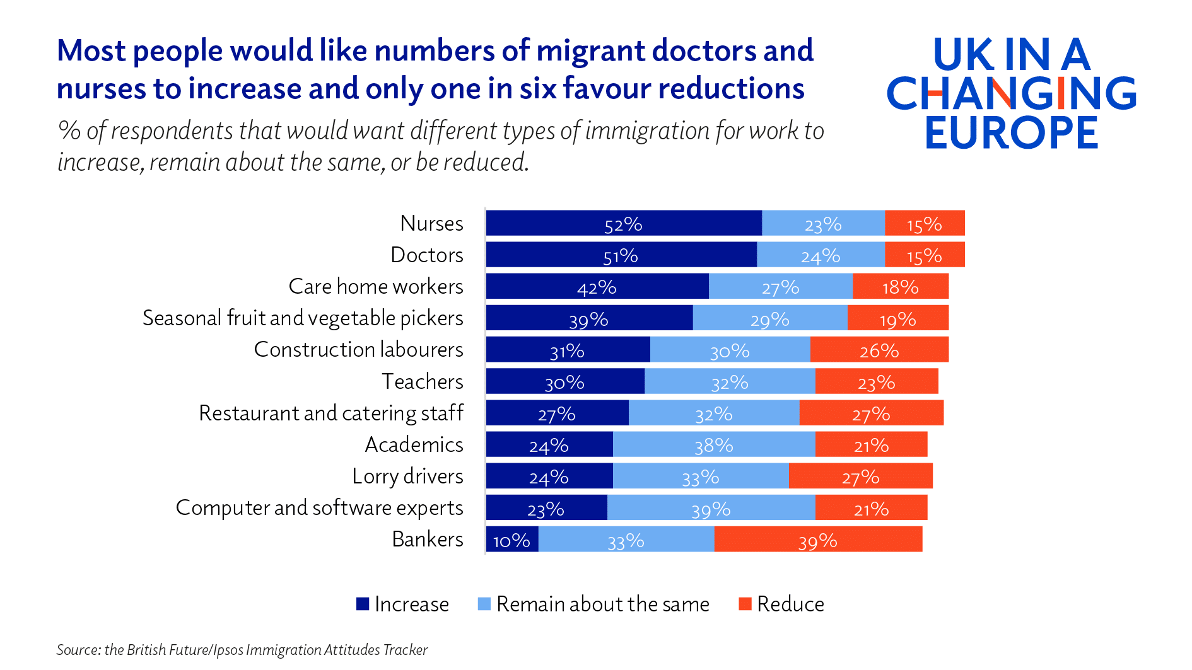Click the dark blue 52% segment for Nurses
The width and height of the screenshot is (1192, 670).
(623, 224)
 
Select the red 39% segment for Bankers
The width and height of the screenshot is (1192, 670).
(818, 540)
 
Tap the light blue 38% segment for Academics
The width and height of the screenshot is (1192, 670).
(713, 445)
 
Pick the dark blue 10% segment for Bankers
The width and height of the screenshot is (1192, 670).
(511, 540)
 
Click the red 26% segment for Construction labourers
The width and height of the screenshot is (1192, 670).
(879, 350)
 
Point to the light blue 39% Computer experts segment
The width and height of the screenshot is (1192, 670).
(711, 509)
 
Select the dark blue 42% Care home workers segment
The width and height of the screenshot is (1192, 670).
(597, 287)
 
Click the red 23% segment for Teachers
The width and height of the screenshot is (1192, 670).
(876, 382)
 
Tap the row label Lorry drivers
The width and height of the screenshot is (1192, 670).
(407, 477)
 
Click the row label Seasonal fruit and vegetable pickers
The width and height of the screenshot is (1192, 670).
(303, 318)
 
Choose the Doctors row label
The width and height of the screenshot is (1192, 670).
(427, 255)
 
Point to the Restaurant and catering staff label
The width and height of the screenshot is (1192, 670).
(331, 413)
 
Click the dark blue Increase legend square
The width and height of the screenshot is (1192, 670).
(362, 604)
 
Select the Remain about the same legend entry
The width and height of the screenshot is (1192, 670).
(602, 604)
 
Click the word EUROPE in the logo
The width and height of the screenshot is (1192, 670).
(1012, 132)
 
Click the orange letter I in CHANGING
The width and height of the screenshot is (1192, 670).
(1061, 93)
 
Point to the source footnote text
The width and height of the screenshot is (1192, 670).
(242, 650)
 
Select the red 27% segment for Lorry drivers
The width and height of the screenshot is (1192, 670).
(860, 477)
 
